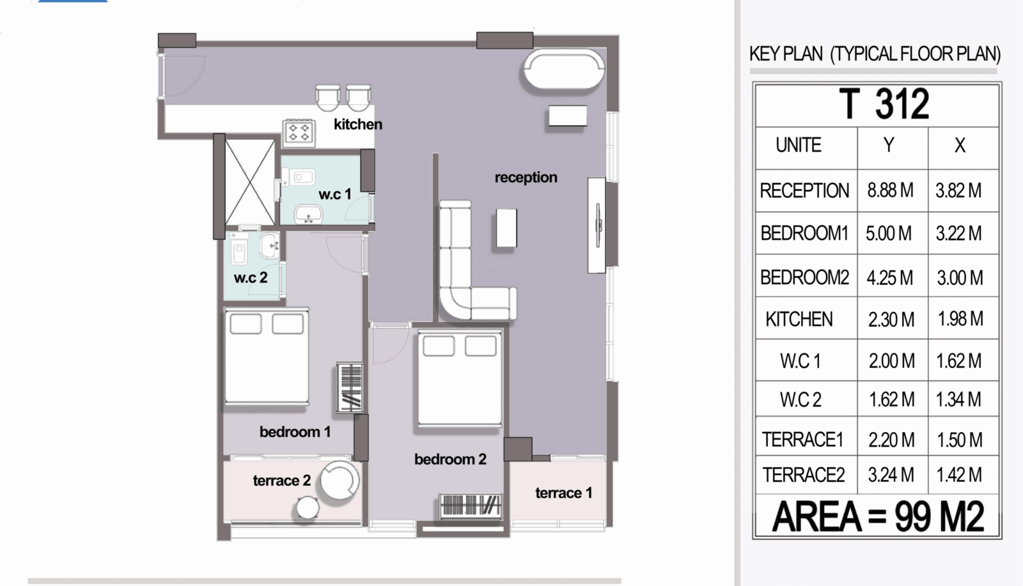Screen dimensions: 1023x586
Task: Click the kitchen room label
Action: point(358,124)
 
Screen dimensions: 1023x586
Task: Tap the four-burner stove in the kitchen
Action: point(299,133)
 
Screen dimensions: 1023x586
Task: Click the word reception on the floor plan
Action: point(526,177)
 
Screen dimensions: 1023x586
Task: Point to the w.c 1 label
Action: point(335,194)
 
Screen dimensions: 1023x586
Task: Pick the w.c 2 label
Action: point(251,277)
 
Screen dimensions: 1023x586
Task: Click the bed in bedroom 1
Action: point(267,357)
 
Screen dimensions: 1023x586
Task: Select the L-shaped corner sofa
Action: point(456,301)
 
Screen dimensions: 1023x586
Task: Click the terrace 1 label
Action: point(563,493)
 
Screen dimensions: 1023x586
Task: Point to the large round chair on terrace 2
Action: point(340,480)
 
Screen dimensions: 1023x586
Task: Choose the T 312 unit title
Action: point(884,104)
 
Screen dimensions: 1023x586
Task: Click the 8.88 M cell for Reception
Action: point(891,190)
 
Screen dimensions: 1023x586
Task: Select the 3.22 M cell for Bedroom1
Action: point(958,233)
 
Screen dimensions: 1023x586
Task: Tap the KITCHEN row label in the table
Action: point(799,319)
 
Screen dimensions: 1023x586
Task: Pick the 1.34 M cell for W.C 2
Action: point(958,399)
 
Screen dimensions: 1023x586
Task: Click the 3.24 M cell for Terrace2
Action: point(891,475)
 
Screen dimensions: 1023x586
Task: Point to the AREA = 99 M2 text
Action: point(878,516)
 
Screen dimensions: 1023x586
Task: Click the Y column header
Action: point(889,145)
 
